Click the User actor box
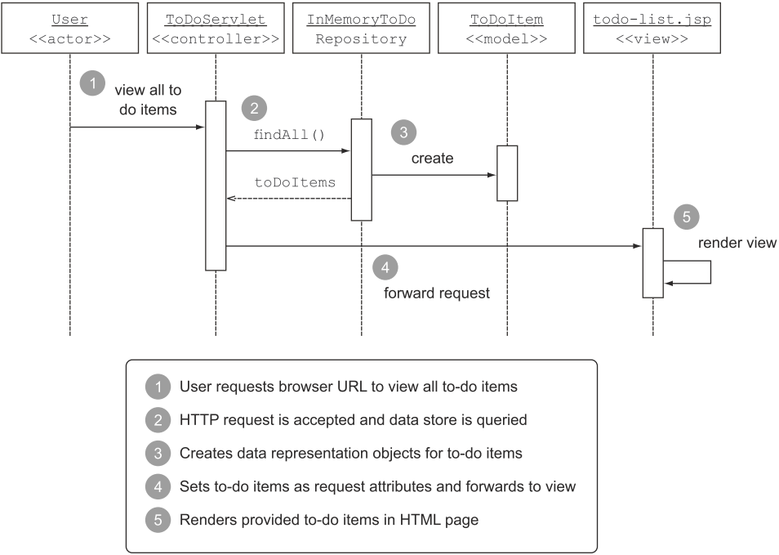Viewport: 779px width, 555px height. click(70, 29)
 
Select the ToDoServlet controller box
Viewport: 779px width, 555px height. click(216, 29)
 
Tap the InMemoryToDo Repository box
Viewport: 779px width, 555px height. click(361, 29)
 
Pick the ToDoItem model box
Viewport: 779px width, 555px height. click(506, 29)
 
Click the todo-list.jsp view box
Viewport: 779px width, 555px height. click(652, 29)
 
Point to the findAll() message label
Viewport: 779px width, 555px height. click(290, 134)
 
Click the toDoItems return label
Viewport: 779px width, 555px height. click(295, 183)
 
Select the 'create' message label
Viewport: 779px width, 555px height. click(432, 159)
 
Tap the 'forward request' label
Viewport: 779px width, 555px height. click(437, 292)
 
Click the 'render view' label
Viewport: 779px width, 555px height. click(737, 244)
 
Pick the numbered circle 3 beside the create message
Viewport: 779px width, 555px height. click(403, 131)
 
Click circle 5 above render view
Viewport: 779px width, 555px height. click(686, 217)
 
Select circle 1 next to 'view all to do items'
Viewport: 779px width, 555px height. click(93, 83)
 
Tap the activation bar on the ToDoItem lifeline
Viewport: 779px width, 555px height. click(507, 173)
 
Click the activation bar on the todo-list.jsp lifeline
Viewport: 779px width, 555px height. click(652, 263)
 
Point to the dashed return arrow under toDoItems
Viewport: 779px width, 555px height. click(288, 199)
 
